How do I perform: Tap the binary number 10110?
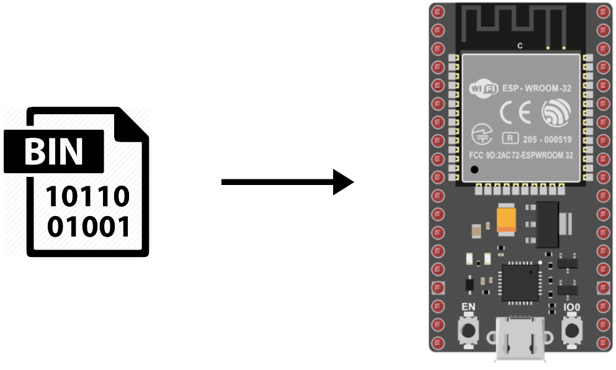point(89,197)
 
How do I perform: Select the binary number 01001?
point(89,227)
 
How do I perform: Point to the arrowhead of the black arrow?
point(343,182)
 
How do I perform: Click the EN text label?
point(468,307)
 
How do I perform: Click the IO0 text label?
point(571,307)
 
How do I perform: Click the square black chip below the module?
point(520,283)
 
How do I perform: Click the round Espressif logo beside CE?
point(555,114)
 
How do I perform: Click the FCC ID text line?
point(521,156)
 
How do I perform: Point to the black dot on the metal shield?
point(475,169)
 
